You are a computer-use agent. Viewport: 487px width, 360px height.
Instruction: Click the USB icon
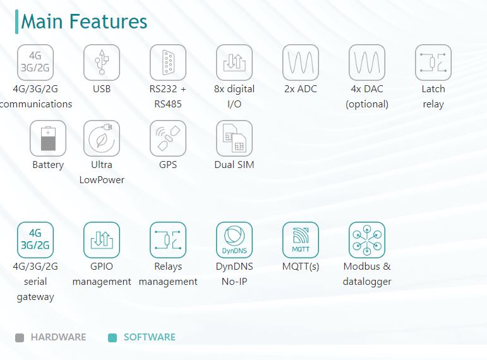(102, 63)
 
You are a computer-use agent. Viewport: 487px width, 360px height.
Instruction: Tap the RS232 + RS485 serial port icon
(168, 63)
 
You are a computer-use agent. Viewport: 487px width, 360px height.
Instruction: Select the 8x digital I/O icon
(234, 63)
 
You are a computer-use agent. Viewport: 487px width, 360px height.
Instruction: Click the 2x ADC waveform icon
(301, 63)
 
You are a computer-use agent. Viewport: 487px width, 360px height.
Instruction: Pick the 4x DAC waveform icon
(367, 63)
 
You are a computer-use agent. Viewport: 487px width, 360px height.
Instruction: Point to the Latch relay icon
(433, 63)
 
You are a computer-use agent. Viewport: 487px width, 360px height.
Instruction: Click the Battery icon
(48, 138)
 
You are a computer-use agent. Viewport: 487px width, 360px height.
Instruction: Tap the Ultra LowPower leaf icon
(102, 138)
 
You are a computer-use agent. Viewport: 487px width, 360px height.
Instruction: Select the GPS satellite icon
(168, 138)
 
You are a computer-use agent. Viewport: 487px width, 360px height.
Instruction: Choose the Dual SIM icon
(234, 138)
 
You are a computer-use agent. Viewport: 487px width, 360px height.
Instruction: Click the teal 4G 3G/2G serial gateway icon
(35, 240)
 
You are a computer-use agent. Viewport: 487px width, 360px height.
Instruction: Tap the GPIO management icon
(102, 240)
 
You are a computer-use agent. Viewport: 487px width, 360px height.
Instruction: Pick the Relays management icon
(168, 240)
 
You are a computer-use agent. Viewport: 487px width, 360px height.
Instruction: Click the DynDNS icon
(234, 240)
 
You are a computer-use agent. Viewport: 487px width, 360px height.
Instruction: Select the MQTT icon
(301, 240)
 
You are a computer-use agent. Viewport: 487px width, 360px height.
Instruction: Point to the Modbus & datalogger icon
(367, 240)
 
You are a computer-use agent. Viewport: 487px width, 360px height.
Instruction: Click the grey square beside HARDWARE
(20, 338)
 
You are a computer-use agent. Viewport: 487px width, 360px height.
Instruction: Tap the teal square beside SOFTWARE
(112, 338)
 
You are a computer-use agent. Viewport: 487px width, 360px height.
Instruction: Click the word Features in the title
(109, 21)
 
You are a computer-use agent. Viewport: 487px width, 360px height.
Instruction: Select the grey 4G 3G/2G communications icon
(35, 63)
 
